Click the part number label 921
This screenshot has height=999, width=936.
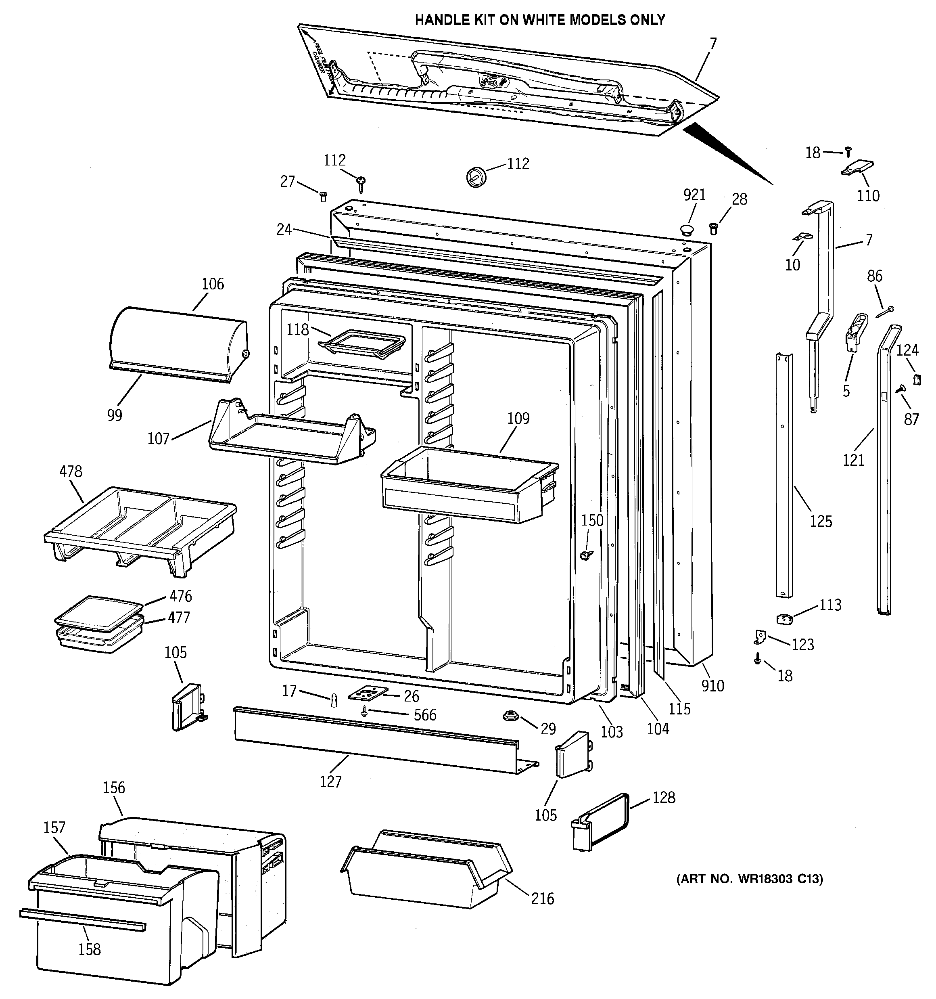click(694, 195)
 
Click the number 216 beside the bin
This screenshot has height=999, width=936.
click(543, 898)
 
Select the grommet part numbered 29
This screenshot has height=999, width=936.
click(510, 716)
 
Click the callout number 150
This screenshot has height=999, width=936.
click(592, 520)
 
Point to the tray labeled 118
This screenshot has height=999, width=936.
click(362, 344)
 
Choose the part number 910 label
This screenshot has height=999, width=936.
click(712, 685)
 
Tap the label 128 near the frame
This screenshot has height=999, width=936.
click(664, 798)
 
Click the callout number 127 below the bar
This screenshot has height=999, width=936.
click(330, 781)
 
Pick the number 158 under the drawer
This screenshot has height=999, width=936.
click(90, 949)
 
